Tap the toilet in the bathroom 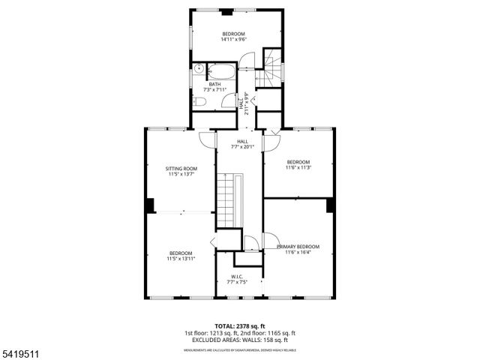(199, 101)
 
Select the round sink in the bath (198, 70)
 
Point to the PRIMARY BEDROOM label (298, 247)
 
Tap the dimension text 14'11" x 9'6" (233, 40)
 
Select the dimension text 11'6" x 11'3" (298, 168)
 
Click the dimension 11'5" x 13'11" (181, 259)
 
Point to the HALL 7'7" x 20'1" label (242, 144)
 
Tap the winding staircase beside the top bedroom (273, 67)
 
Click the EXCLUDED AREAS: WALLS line (240, 340)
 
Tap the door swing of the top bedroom (248, 60)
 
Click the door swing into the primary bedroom (253, 241)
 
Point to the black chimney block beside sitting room (150, 204)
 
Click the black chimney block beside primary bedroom (330, 205)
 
